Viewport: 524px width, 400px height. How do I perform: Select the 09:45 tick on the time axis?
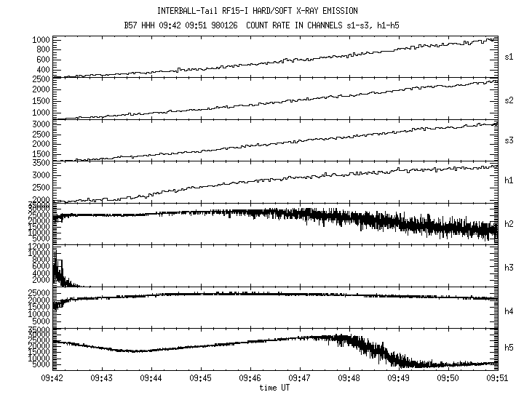202,378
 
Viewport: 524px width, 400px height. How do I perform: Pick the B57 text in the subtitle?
132,25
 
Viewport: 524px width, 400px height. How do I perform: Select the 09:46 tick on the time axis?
251,378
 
